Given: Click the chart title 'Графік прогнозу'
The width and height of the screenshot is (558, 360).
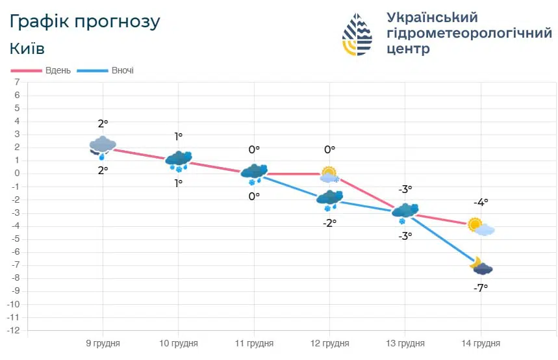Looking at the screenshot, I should pos(84,21).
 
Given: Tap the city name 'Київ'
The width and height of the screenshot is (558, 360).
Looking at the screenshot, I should pos(27,49).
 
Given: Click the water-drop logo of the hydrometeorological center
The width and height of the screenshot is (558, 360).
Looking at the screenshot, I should pos(357,34).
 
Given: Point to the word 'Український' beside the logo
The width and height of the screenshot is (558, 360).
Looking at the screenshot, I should pos(432,17).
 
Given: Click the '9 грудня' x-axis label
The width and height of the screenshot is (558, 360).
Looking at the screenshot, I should pos(103,343).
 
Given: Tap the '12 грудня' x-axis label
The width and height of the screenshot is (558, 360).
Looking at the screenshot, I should pos(329,343).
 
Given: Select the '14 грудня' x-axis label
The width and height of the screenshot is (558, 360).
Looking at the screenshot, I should pos(481,343).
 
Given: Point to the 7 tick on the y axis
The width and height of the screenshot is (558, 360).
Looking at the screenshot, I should pos(18,82).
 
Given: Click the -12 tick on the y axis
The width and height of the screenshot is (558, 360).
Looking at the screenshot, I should pos(14,331).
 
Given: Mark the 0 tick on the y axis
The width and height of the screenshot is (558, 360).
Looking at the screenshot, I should pos(18,174).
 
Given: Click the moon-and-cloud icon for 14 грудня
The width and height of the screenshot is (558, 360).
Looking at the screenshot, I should pos(481,266).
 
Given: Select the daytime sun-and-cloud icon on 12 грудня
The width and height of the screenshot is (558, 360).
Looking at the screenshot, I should pos(330,175).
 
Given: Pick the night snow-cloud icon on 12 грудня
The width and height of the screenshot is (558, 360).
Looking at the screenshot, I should pos(329,199).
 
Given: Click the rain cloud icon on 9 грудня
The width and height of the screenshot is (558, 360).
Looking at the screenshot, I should pos(102,147).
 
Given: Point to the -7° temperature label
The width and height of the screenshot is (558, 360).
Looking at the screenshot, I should pos(481,287).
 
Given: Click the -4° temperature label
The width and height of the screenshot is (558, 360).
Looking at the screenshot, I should pos(481,203).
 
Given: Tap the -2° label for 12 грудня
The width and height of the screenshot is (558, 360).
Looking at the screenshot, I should pos(329,223).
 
